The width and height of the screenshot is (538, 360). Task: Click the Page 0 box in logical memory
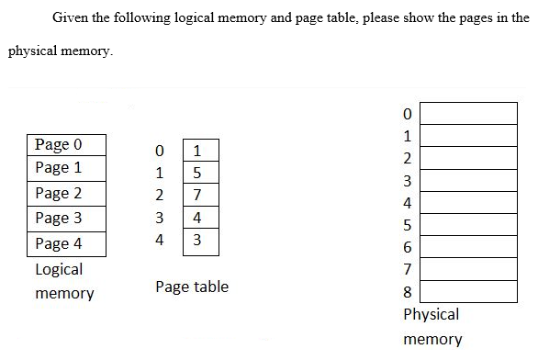click(67, 144)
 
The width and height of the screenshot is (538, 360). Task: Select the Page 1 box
click(67, 168)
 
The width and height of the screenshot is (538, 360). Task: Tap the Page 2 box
click(67, 193)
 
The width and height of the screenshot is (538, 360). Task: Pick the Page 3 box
click(67, 218)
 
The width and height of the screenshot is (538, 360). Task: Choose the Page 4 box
click(67, 243)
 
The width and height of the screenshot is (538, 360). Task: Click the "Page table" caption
click(192, 287)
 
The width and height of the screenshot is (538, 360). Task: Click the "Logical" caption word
click(59, 270)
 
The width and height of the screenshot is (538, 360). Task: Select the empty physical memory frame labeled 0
click(468, 112)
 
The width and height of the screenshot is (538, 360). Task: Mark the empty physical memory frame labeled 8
click(468, 292)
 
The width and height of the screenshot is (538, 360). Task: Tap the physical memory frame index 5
click(409, 225)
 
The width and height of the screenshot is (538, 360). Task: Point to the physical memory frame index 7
click(409, 270)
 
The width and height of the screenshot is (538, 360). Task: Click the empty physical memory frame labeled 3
click(468, 180)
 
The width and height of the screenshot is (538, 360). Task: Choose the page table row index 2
click(160, 196)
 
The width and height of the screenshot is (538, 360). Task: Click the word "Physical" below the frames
click(431, 314)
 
